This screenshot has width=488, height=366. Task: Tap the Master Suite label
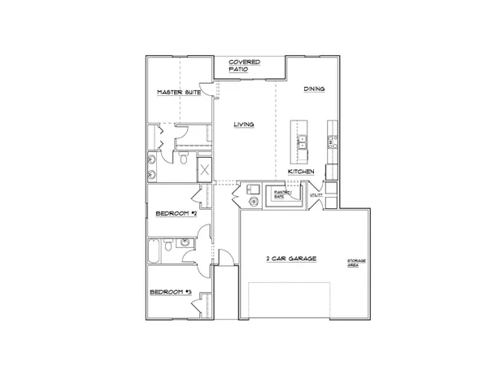[x=178, y=93]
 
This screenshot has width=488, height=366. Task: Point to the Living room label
[x=243, y=124]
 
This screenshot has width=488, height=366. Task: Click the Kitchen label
[x=301, y=172]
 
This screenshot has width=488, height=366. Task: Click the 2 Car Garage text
[x=290, y=259]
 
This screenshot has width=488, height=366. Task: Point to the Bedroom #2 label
[x=176, y=214]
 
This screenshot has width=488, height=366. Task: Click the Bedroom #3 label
[x=171, y=292]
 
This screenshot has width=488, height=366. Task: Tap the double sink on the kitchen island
[x=302, y=144]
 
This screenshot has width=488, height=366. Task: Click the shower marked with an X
[x=205, y=172]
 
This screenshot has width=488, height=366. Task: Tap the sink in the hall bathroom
[x=185, y=242]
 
